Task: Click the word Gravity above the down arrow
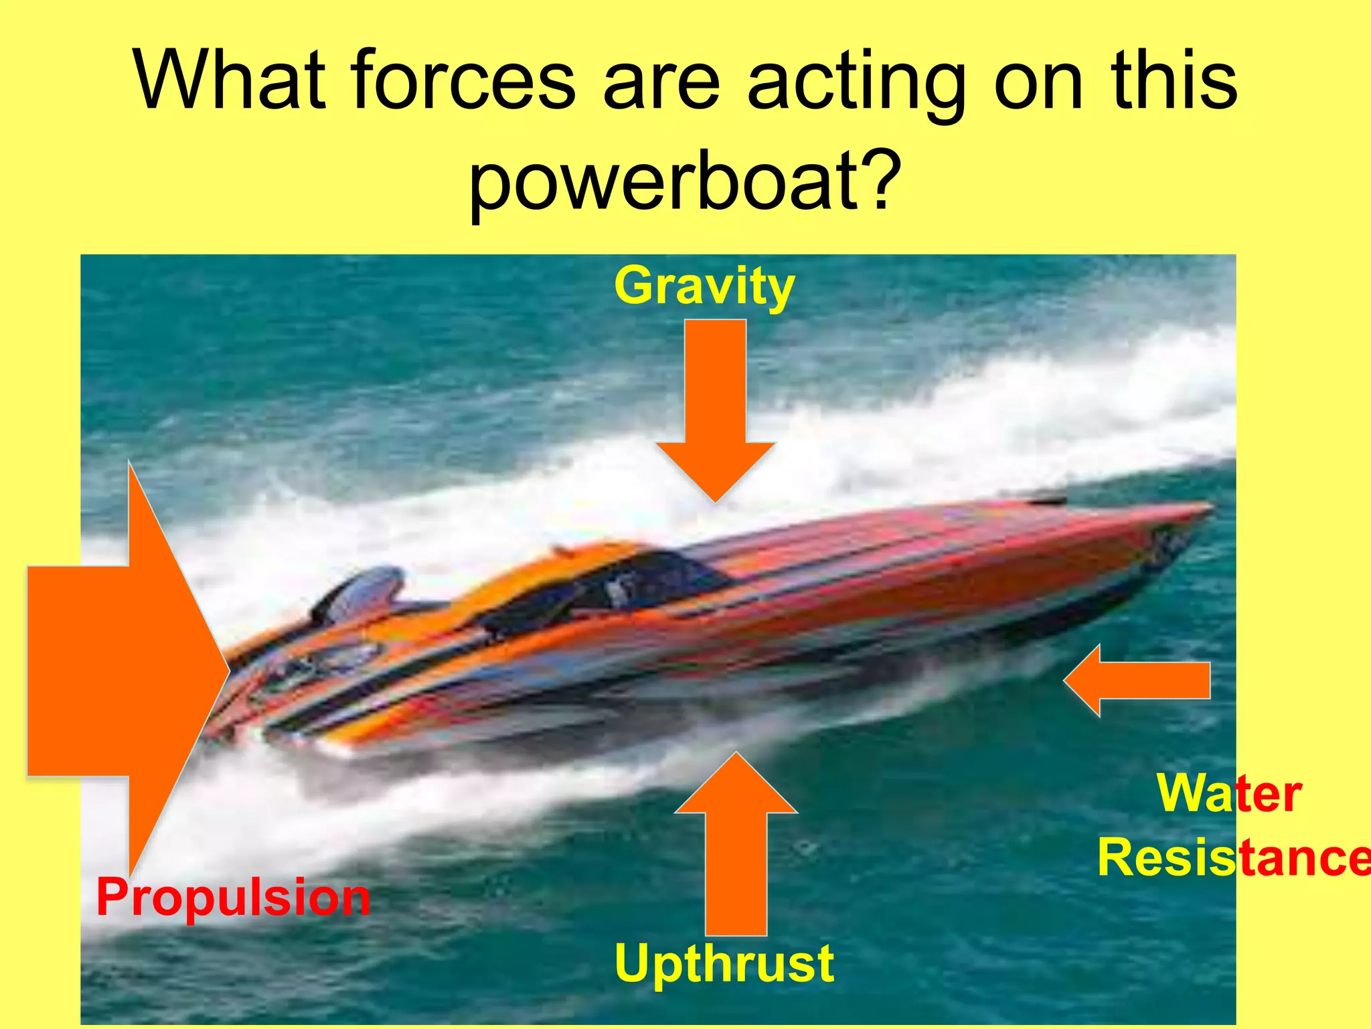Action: pos(704,287)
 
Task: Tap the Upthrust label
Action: pos(724,963)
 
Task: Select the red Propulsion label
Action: pos(233,898)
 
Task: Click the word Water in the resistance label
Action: pos(1229,793)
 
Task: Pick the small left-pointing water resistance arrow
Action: pos(1138,681)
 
